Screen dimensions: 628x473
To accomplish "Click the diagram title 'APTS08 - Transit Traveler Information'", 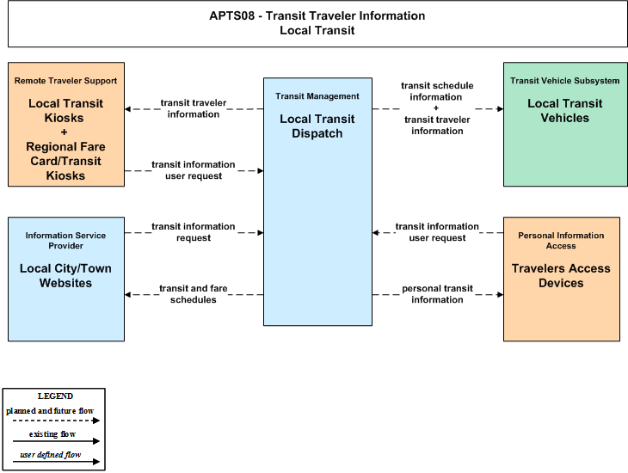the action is coord(317,15).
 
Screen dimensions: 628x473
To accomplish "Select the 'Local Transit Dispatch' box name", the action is coord(317,126).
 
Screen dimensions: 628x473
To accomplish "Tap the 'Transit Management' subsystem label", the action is coord(317,96).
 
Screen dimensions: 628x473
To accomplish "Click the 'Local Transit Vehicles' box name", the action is coord(564,111).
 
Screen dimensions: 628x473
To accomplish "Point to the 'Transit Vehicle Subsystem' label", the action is coord(564,81).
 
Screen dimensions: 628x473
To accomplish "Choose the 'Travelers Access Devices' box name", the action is coord(561,275).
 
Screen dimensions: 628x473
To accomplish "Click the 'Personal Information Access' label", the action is coord(561,240).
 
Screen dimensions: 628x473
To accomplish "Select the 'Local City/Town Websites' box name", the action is coord(65,275).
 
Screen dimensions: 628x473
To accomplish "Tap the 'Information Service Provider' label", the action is coord(65,240).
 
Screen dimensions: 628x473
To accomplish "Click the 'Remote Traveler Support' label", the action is coord(65,81).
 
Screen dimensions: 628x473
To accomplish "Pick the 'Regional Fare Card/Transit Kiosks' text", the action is coord(65,161).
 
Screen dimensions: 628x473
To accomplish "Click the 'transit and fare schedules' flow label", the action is coord(194,294).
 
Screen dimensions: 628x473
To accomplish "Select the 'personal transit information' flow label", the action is coord(437,294).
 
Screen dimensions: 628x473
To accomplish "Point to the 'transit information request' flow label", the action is coord(194,232).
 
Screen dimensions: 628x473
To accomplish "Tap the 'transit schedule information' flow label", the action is coord(437,91).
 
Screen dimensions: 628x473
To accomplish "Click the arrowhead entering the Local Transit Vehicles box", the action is coord(501,109).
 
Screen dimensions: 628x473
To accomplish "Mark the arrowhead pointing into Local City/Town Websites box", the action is coord(127,295).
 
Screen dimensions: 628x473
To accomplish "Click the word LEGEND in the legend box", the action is coord(55,396).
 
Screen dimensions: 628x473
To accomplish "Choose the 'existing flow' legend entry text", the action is coord(52,434).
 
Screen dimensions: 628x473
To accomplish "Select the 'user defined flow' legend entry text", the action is coord(51,455).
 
